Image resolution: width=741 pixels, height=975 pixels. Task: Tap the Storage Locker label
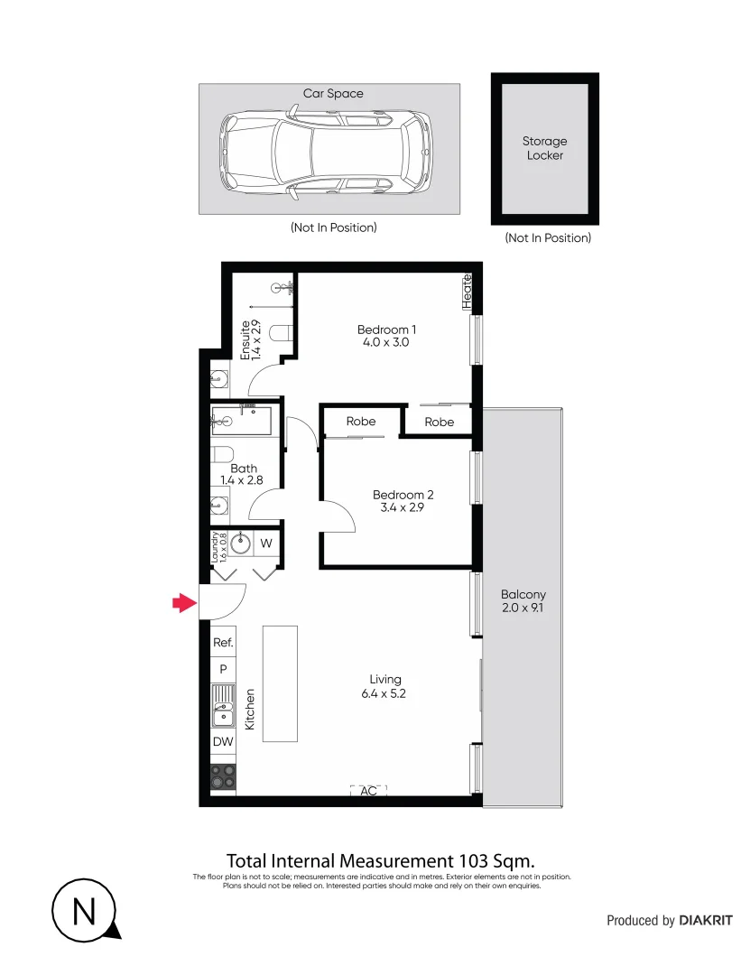[x=545, y=148]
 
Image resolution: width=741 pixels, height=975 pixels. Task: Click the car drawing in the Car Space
[x=326, y=150]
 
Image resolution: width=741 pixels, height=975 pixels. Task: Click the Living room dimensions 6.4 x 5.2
[x=385, y=693]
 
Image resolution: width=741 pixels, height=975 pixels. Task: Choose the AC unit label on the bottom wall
[x=368, y=791]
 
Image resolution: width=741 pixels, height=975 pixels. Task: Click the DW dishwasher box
[x=223, y=742]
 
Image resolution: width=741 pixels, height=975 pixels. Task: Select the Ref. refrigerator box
[x=223, y=643]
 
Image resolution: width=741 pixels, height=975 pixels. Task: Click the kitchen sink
[x=222, y=706]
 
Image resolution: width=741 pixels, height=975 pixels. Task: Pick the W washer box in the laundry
[x=267, y=543]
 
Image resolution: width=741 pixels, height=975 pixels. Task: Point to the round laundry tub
[x=240, y=543]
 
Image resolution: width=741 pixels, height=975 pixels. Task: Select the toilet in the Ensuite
[x=282, y=332]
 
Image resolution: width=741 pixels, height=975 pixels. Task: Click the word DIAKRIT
[x=706, y=921]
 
